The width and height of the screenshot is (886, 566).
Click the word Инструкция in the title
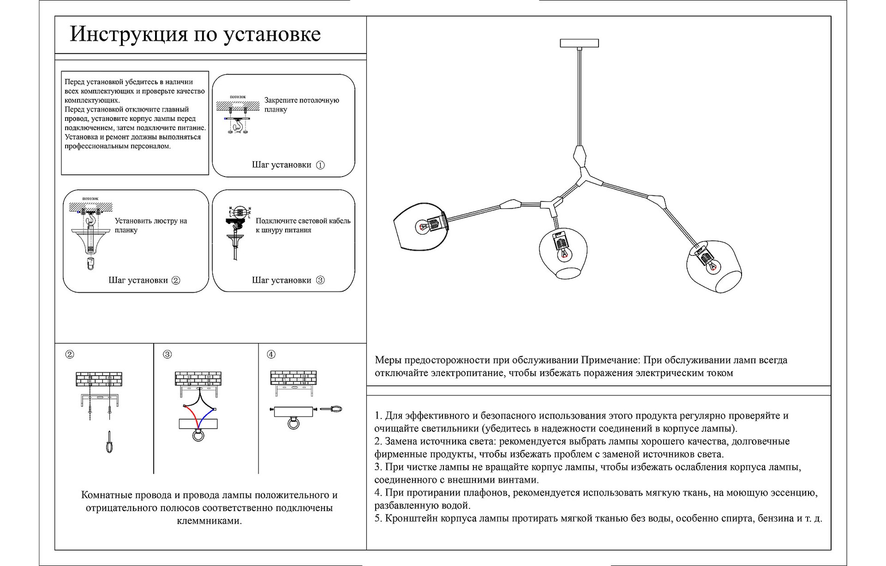click(x=128, y=34)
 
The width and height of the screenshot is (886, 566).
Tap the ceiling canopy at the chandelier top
click(x=579, y=43)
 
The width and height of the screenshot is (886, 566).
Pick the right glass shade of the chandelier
click(x=714, y=267)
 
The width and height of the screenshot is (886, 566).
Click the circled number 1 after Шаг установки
click(x=320, y=165)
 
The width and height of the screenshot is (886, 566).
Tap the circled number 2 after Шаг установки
click(x=176, y=280)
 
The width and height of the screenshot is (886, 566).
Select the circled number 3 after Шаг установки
click(x=320, y=280)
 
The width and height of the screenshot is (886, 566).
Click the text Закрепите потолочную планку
click(x=301, y=105)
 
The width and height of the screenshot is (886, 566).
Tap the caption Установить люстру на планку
click(x=150, y=225)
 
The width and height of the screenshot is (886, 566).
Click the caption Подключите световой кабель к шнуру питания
click(x=303, y=225)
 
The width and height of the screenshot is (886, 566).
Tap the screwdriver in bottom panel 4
click(x=331, y=409)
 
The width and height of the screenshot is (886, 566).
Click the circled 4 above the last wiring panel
click(x=271, y=354)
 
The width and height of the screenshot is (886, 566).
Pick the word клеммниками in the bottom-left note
click(x=209, y=521)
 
